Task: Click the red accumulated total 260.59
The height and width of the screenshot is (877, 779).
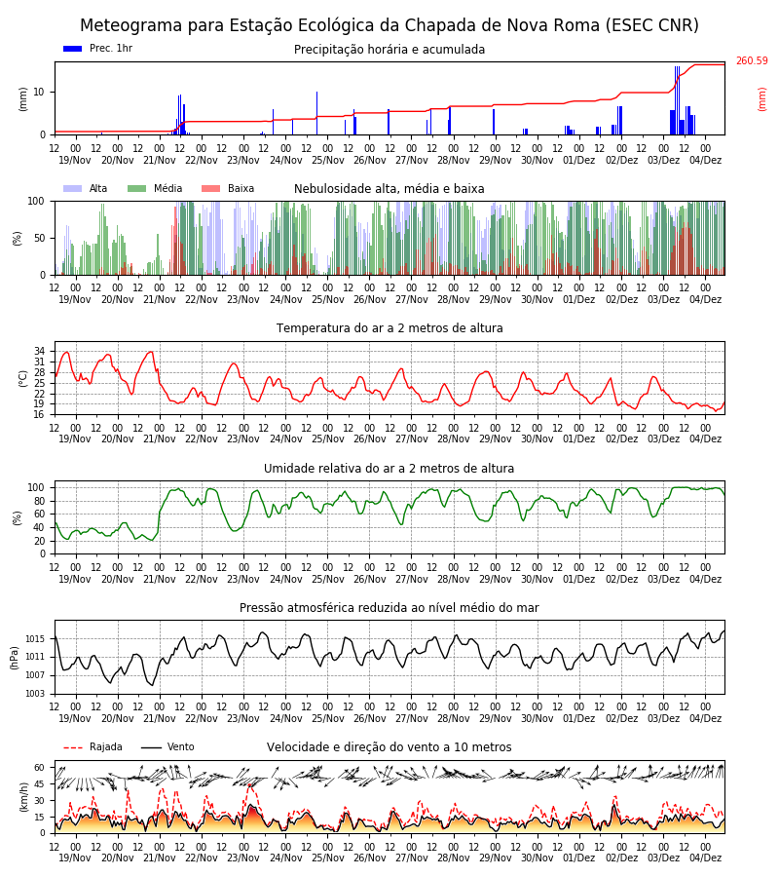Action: pos(752,60)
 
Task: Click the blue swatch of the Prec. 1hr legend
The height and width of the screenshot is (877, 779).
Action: pos(73,49)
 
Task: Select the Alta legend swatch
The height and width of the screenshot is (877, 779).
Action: pos(73,188)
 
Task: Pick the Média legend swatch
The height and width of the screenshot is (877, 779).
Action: pos(137,188)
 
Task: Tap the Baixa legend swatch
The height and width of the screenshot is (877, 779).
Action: pos(210,188)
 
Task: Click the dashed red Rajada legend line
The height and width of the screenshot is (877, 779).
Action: pos(73,747)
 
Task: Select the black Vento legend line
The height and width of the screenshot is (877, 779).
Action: pos(151,747)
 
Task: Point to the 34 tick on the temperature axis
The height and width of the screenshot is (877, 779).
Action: pos(40,351)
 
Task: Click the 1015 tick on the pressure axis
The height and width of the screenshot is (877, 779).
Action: pos(36,638)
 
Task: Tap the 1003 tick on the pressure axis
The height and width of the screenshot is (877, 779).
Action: pos(36,694)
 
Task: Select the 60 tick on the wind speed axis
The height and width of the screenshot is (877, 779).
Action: pos(40,768)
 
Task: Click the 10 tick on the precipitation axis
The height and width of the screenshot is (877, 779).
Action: pos(40,92)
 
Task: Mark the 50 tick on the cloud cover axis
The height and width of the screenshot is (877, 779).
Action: pos(40,239)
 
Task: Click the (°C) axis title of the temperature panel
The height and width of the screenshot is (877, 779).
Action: pos(23,379)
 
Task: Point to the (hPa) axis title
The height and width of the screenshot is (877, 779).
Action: pos(14,658)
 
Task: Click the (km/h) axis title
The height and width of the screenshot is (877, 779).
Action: pos(23,797)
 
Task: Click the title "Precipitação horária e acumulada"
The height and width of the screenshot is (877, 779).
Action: pos(389,50)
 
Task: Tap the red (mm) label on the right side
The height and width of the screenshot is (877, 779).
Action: pos(761,99)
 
